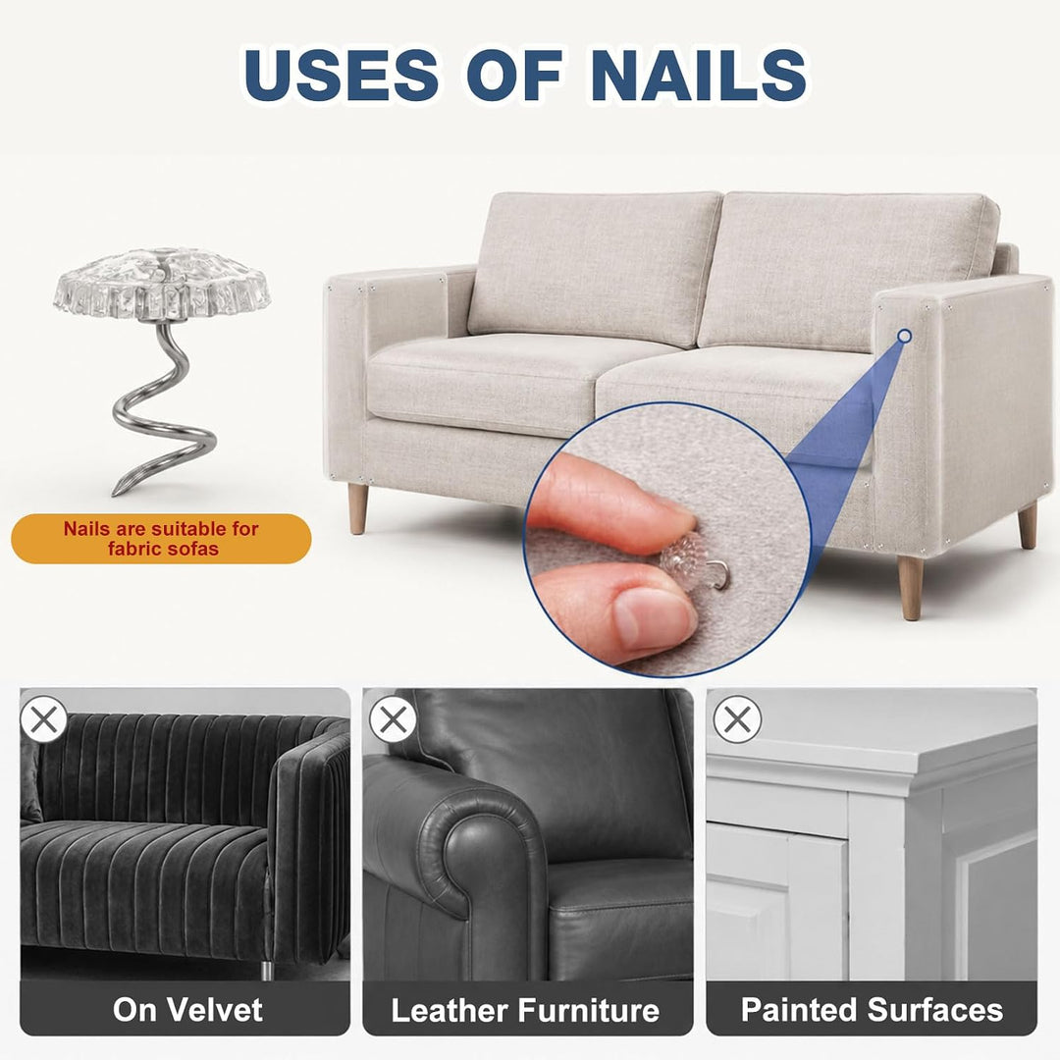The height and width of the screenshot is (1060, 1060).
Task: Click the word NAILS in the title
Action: [x=699, y=75]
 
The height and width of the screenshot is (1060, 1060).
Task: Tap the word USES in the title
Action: [x=341, y=75]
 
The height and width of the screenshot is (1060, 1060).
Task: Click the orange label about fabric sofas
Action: [x=161, y=538]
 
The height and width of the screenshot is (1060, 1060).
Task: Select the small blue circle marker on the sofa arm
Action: [x=904, y=336]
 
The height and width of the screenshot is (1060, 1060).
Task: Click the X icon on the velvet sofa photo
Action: [x=44, y=719]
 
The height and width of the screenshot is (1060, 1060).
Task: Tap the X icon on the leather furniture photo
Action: [x=393, y=719]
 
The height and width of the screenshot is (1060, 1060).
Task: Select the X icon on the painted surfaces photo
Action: [x=737, y=719]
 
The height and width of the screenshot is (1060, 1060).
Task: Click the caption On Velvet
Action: [x=187, y=1009]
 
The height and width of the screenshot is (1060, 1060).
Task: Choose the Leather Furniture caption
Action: [x=525, y=1010]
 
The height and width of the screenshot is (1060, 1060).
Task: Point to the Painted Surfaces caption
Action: [x=873, y=1009]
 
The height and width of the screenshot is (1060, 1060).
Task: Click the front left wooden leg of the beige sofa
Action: [x=357, y=508]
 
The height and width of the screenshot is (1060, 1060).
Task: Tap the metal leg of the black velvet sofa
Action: [x=267, y=970]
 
